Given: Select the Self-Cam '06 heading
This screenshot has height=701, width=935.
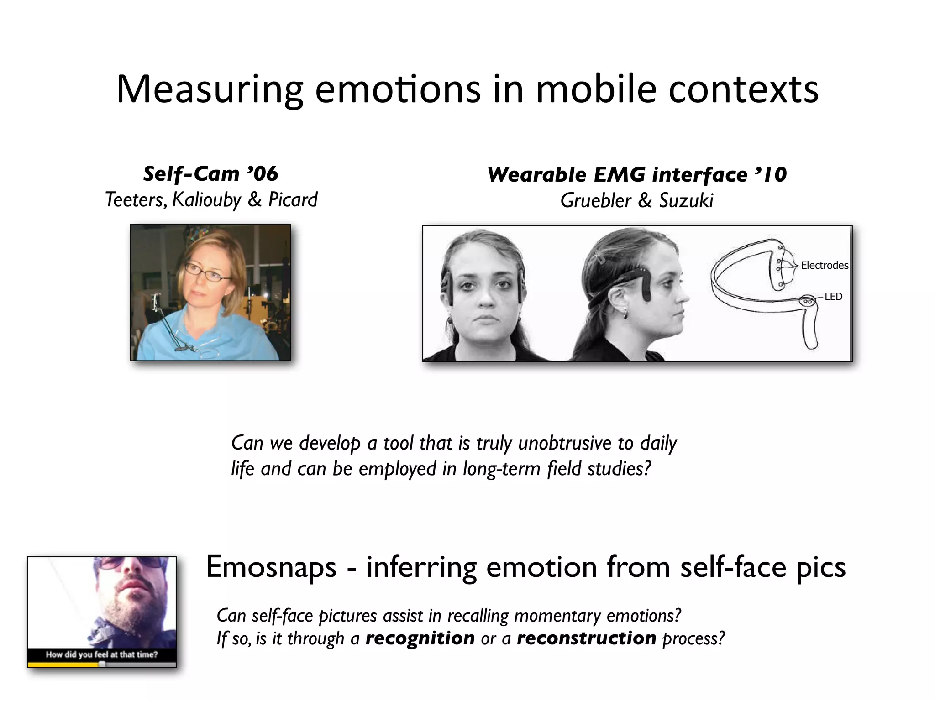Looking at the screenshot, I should [210, 174].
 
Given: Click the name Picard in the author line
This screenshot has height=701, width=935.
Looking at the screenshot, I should [293, 200].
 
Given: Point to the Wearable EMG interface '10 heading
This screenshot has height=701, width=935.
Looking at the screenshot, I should [637, 175].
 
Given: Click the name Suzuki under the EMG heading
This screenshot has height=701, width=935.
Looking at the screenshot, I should [686, 201].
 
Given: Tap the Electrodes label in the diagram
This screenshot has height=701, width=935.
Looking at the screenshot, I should [824, 266].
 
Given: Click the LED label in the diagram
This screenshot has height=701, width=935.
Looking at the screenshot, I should [833, 297].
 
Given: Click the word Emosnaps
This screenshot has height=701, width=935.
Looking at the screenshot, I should [271, 567].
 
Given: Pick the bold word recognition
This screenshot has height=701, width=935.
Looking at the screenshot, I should [420, 638].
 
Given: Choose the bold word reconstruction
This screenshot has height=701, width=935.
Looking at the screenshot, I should [587, 638].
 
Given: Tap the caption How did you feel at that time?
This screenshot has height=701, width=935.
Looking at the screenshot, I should [101, 654].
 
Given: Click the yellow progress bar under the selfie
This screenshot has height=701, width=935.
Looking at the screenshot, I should [64, 665].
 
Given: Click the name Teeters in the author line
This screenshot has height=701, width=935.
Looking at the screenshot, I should [136, 200].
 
